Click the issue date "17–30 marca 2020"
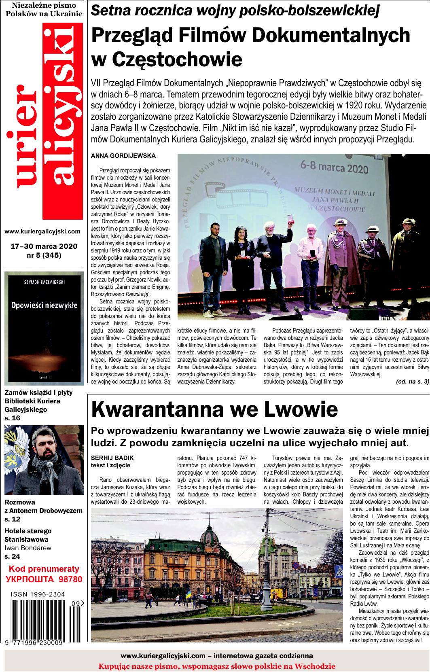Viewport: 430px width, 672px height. pos(44,246)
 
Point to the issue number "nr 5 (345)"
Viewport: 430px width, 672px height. pos(44,255)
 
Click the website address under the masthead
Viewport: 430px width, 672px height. pos(42,232)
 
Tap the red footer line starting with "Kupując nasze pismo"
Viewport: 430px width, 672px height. pos(217,666)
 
